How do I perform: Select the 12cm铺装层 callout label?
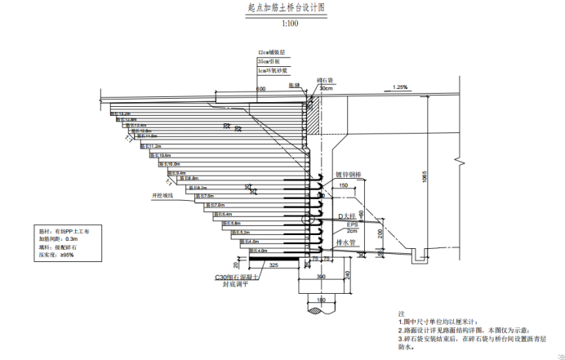tap(270, 51)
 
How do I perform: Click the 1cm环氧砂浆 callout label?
tap(272, 71)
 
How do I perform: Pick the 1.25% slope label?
tap(400, 87)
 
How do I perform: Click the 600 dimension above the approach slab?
tap(260, 88)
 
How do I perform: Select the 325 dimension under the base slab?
tap(274, 266)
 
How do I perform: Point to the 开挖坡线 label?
tap(163, 196)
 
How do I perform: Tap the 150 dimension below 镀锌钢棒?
tap(343, 186)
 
